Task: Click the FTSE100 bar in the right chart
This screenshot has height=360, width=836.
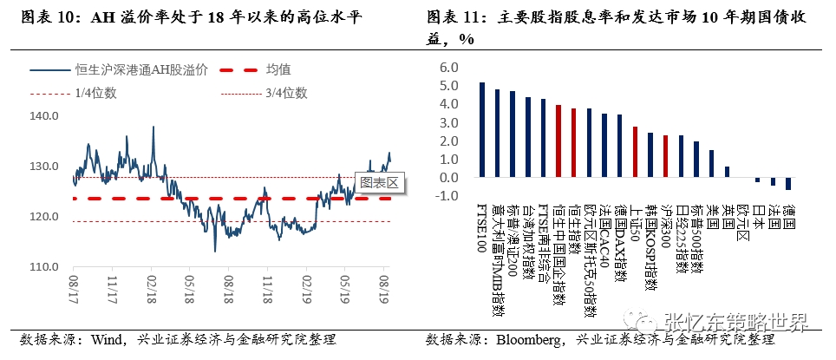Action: click(x=482, y=130)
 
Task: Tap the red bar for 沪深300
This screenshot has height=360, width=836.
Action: click(x=665, y=156)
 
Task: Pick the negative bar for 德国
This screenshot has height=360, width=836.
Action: click(x=788, y=183)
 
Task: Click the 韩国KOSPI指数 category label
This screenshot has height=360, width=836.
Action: click(x=650, y=246)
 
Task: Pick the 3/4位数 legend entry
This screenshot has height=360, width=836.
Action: click(x=287, y=93)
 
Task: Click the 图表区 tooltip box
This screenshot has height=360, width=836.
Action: click(x=379, y=182)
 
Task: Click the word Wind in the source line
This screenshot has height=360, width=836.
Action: click(x=108, y=339)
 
